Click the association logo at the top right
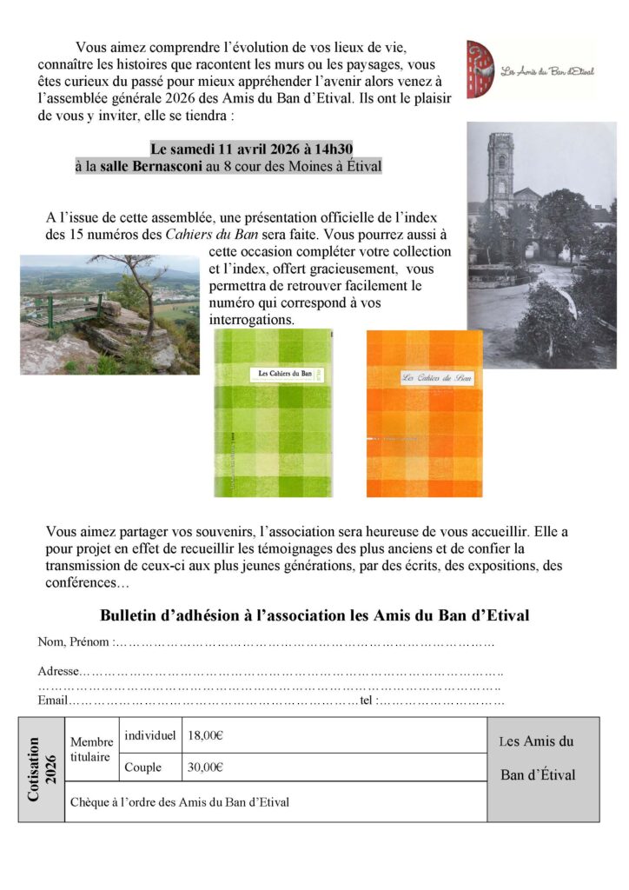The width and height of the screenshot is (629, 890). pos(530,69)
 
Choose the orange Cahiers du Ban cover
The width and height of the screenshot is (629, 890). pos(424,414)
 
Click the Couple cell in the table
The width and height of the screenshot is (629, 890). pos(142,767)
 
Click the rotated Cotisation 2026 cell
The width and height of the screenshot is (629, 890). pos(42,769)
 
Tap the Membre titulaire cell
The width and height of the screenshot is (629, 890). pos(91,749)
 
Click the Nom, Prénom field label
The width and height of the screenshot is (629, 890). pos(75,642)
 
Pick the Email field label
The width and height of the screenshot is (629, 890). pos(53,701)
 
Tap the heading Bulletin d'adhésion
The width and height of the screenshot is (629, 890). pos(314,615)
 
